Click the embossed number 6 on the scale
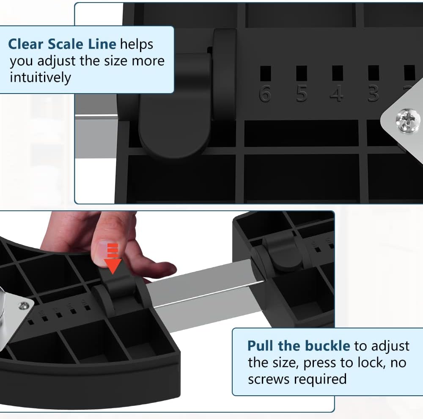tap(265, 94)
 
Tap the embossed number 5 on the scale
tap(302, 94)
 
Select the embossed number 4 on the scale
tap(337, 94)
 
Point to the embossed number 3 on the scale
tap(374, 94)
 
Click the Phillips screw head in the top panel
tap(408, 120)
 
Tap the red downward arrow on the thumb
tap(113, 258)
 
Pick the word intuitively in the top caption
tap(41, 77)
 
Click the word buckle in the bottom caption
tap(327, 345)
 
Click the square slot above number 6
tap(265, 73)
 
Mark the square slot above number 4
tap(338, 73)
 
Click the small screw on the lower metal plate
tap(24, 306)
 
